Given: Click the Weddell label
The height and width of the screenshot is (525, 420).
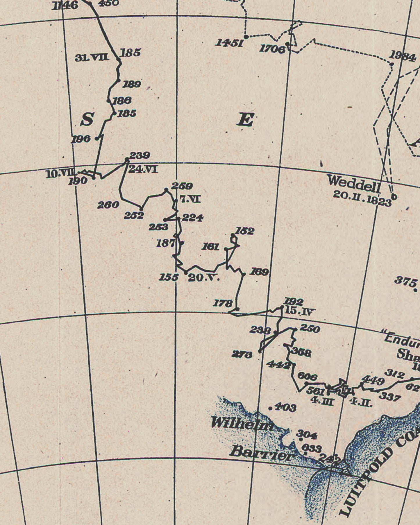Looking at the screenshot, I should pyautogui.click(x=354, y=184).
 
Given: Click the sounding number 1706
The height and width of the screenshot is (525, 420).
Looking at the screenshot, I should pyautogui.click(x=272, y=49).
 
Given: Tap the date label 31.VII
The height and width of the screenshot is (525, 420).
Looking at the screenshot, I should pyautogui.click(x=92, y=58).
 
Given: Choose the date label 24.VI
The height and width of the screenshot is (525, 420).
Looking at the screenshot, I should pyautogui.click(x=143, y=169).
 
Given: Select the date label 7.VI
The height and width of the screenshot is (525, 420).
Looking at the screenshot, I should pyautogui.click(x=190, y=199).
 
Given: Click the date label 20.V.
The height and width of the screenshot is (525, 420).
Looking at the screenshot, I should pyautogui.click(x=204, y=278).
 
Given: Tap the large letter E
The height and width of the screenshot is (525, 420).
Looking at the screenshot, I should pyautogui.click(x=245, y=120).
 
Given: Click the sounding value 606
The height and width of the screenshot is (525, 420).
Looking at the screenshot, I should pyautogui.click(x=307, y=377).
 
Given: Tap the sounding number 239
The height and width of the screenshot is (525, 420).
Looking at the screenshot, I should pyautogui.click(x=140, y=155).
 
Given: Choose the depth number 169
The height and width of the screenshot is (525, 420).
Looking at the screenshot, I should pyautogui.click(x=259, y=272).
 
